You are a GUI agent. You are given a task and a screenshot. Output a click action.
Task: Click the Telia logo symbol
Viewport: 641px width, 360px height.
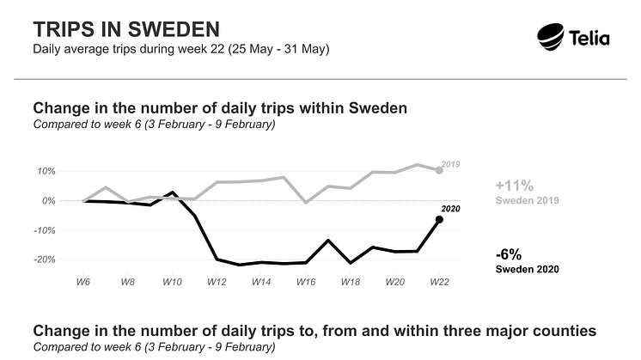coord(552,37)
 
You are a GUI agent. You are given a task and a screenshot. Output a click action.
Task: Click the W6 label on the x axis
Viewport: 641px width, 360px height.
coord(83,281)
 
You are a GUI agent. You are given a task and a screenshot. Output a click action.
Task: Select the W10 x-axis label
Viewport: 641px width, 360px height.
coord(172,281)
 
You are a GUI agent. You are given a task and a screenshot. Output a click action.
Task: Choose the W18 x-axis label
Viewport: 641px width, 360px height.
coord(351,281)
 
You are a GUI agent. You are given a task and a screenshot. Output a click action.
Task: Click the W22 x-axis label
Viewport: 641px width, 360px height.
coord(439,281)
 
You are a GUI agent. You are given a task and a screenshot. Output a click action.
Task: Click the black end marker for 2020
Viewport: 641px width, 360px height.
coord(439,220)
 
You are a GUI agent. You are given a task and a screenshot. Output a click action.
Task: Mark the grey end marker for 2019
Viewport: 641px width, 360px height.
coord(439,170)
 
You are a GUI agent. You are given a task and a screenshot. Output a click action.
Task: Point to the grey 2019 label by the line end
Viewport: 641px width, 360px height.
coord(452,162)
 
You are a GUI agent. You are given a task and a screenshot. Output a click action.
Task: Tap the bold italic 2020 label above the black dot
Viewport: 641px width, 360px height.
coord(452,208)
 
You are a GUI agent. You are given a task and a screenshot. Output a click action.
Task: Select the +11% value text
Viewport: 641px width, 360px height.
coord(515,185)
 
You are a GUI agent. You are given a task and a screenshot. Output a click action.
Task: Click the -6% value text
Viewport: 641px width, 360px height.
coord(509,253)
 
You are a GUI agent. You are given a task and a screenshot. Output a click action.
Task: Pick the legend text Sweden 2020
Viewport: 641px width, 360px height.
coord(528,269)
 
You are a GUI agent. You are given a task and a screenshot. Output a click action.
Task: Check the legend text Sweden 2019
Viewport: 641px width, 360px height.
coord(528,200)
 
